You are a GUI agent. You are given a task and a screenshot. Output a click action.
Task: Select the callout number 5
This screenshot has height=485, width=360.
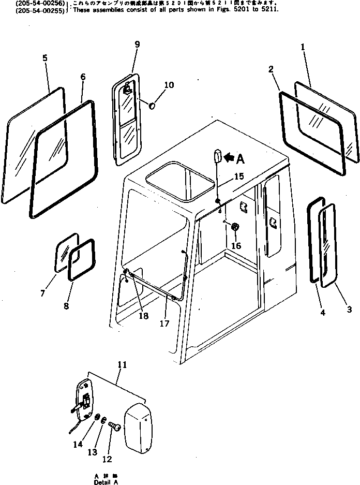pyautogui.click(x=44, y=58)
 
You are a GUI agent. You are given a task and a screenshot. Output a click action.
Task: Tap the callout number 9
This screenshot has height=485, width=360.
pyautogui.click(x=137, y=45)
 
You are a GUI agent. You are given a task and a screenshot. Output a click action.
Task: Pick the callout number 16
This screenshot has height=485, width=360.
pyautogui.click(x=236, y=246)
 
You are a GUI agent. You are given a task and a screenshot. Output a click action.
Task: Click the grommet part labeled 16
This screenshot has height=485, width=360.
pyautogui.click(x=234, y=227)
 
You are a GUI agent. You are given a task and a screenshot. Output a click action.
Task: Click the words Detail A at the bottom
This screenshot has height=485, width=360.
pyautogui.click(x=106, y=482)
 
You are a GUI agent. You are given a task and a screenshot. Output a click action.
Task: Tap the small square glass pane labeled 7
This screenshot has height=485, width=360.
pyautogui.click(x=66, y=252)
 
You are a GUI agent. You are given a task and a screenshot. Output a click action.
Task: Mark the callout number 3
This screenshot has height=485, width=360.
pyautogui.click(x=349, y=310)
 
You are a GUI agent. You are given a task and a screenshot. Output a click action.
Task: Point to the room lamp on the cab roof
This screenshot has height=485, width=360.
pyautogui.click(x=217, y=155)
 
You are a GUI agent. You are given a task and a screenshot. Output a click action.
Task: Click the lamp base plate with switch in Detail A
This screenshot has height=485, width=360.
pyautogui.click(x=84, y=398)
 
